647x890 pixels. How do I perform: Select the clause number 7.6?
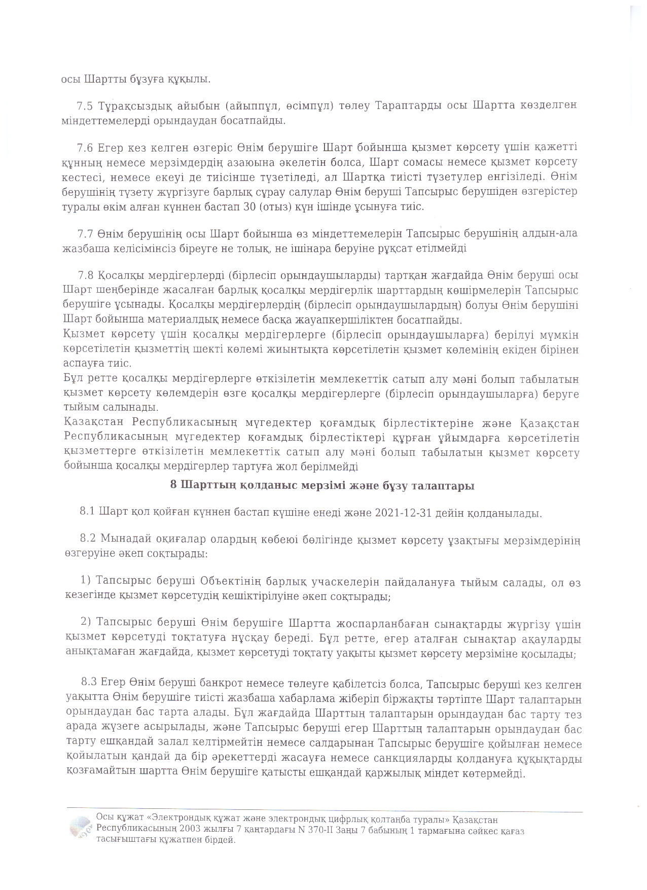pyautogui.click(x=85, y=148)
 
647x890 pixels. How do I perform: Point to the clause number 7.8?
pyautogui.click(x=86, y=275)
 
